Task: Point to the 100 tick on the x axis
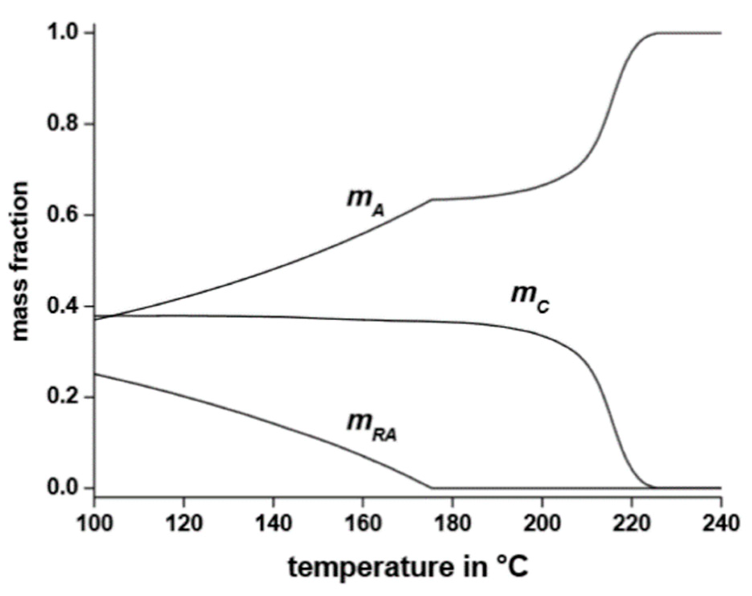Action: pyautogui.click(x=94, y=523)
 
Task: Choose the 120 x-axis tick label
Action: pyautogui.click(x=184, y=523)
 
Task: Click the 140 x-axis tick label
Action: pyautogui.click(x=273, y=523)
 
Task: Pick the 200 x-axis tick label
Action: pyautogui.click(x=542, y=523)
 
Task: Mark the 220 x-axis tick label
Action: pyautogui.click(x=632, y=523)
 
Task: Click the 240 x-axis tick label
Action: pyautogui.click(x=721, y=523)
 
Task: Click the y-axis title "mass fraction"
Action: pyautogui.click(x=20, y=261)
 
